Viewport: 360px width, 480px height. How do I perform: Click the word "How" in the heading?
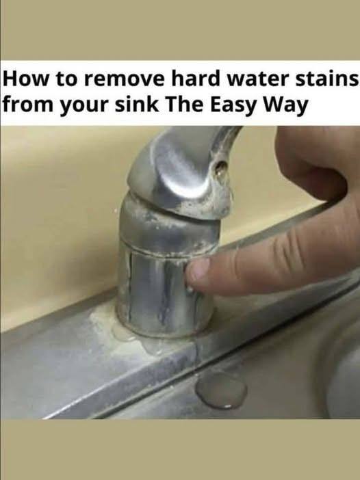(x=25, y=79)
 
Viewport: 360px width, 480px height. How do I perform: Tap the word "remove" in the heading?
(x=124, y=79)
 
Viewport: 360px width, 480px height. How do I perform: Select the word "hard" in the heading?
(x=196, y=79)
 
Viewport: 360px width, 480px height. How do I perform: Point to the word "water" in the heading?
(x=258, y=79)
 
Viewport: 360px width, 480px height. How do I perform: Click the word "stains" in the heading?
(x=326, y=79)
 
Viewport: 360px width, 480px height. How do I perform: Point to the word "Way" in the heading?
(x=285, y=106)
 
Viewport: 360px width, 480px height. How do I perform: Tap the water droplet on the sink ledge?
(x=221, y=391)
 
